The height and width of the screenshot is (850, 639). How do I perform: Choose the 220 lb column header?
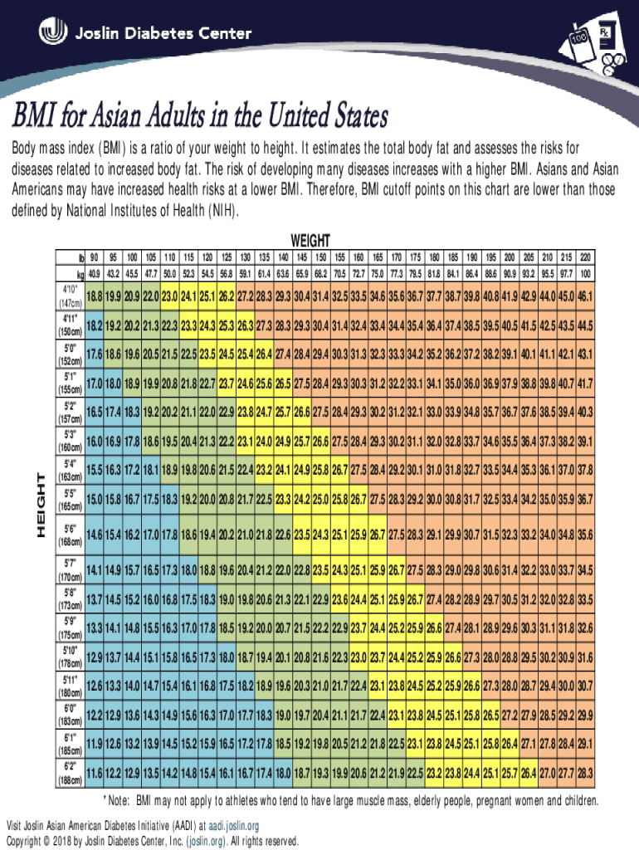586,257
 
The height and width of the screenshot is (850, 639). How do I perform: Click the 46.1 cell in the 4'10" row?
586,297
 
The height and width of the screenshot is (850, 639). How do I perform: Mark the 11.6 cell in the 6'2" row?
94,774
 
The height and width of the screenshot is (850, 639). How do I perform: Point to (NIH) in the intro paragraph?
225,210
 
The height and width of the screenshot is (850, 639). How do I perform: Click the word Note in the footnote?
119,802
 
